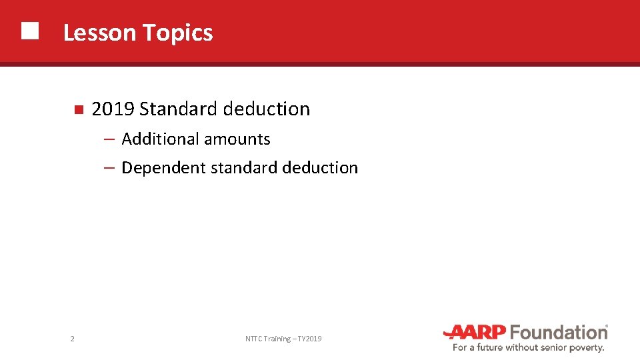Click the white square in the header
click(29, 31)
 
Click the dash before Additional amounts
click(111, 139)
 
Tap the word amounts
click(237, 139)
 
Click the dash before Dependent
click(111, 168)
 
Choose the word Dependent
click(163, 168)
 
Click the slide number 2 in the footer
click(72, 339)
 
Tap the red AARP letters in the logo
click(475, 332)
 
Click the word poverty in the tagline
click(587, 347)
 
